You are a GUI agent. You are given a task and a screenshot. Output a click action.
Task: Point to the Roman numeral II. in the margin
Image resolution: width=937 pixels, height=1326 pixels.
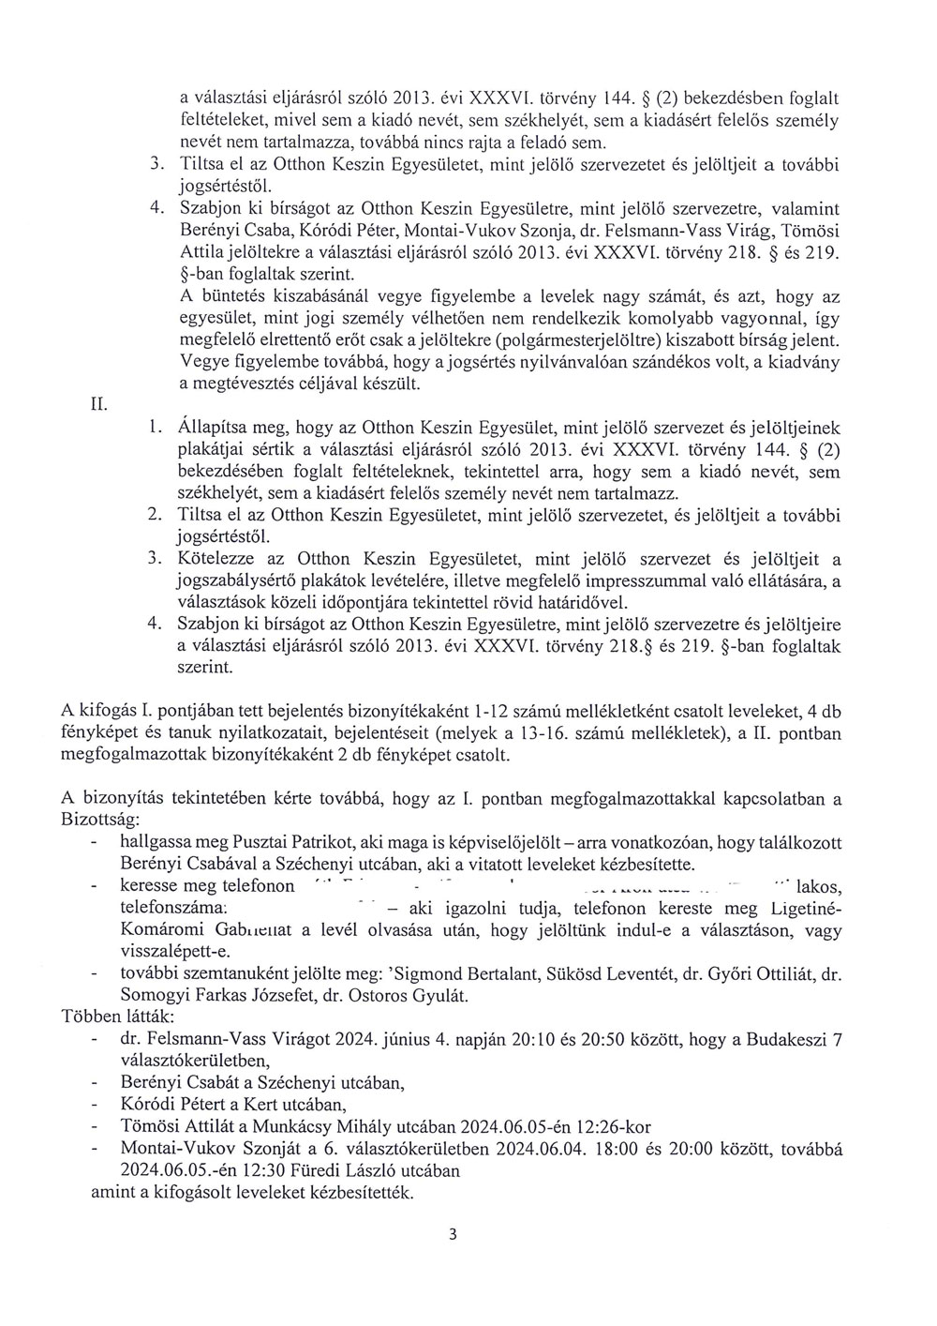coord(98,405)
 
